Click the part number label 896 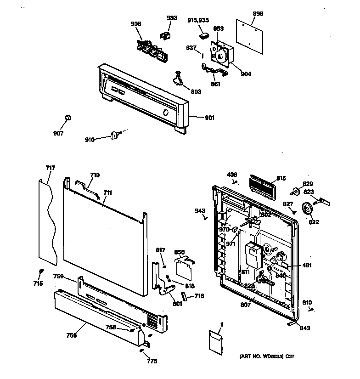[x=258, y=14]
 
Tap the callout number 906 [x=136, y=24]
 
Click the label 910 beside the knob [x=90, y=139]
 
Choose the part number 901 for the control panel [x=209, y=118]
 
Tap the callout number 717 [x=50, y=168]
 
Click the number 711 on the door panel [x=107, y=193]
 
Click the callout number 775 [x=152, y=361]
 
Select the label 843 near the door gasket [x=304, y=328]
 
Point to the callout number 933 [x=171, y=18]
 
